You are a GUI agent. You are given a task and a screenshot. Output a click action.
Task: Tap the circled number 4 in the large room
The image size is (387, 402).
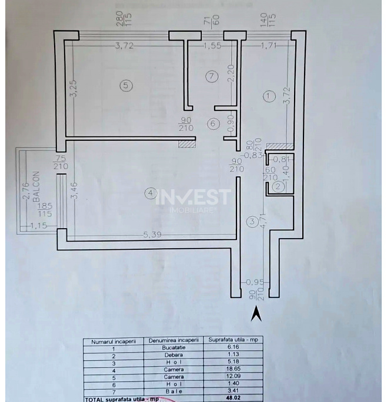click(x=151, y=193)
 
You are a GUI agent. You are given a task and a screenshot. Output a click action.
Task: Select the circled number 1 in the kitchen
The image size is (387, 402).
click(x=269, y=96)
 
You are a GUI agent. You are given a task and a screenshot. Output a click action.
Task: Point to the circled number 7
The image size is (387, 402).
click(x=213, y=76)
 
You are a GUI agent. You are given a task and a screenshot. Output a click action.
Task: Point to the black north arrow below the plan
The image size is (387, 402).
click(x=257, y=316)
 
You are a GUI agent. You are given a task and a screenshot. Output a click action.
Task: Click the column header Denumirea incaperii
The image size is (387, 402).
click(x=172, y=340)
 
